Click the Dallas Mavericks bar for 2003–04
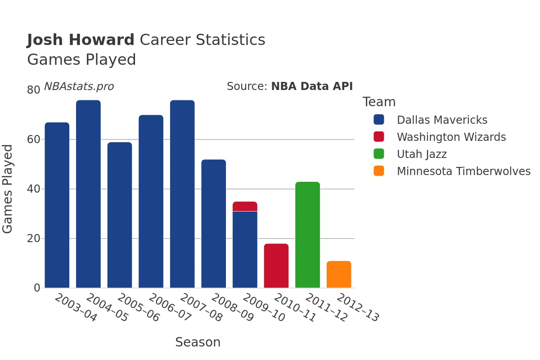pos(57,205)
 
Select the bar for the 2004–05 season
pos(88,194)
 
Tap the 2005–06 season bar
pos(120,215)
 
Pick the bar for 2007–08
pos(182,194)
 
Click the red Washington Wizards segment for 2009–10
pos(245,207)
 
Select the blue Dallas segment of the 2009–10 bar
pos(245,249)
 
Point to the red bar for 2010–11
pos(276,265)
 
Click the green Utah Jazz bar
pos(307,235)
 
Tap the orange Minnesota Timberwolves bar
pos(339,274)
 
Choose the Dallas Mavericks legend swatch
pos(379,120)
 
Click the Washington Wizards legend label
pos(451,137)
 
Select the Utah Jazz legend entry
pos(421,154)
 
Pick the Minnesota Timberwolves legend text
pos(463,171)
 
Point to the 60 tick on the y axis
pos(34,139)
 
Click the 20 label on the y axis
pos(34,238)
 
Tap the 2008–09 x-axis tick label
pos(231,308)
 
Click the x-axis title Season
pos(198,342)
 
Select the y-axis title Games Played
pos(8,189)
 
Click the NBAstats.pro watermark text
pos(79,86)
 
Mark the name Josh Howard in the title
pos(81,40)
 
